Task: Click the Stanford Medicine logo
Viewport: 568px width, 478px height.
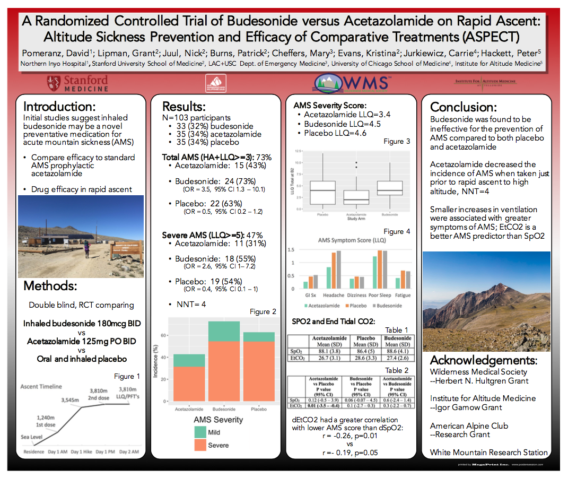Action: click(x=77, y=83)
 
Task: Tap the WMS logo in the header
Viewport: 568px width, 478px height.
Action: click(x=352, y=83)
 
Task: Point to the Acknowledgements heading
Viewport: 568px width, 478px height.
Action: click(x=483, y=360)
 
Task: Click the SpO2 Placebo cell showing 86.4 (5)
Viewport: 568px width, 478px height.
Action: click(x=365, y=351)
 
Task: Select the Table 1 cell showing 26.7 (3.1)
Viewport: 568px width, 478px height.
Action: click(x=329, y=359)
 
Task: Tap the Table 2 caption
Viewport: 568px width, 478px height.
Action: click(x=397, y=370)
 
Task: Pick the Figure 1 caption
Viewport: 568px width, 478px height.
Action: click(x=127, y=376)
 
